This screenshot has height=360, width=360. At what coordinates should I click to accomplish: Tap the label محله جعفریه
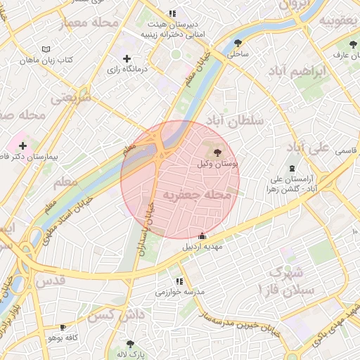click(196, 193)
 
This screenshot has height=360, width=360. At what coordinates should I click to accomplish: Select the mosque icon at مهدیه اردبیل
click(202, 236)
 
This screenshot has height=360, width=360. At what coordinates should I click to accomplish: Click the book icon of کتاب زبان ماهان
click(46, 49)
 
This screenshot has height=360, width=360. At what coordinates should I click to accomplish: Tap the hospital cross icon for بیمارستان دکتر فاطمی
click(23, 146)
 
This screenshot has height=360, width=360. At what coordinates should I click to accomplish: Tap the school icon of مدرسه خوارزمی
click(179, 281)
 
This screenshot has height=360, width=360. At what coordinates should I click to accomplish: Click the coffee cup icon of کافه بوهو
click(63, 328)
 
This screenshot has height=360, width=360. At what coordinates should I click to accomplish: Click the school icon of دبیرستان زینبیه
click(172, 13)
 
